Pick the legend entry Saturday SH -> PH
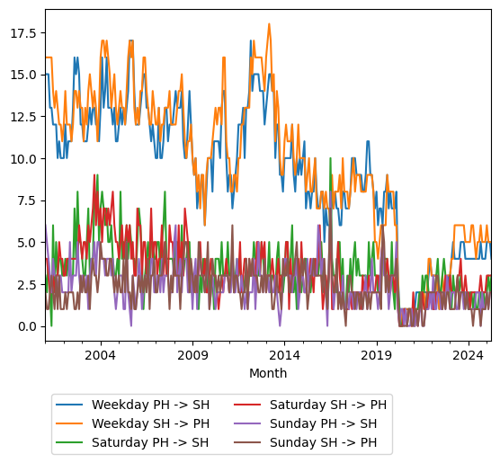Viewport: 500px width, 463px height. (x=326, y=405)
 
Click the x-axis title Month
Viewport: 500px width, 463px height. (x=268, y=373)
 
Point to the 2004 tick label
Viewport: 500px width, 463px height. (x=100, y=355)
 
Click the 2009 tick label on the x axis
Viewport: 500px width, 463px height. (x=192, y=355)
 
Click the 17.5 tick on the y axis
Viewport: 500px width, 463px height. (x=23, y=33)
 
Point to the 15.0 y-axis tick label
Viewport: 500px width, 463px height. (x=23, y=75)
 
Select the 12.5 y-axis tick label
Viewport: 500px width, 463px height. (x=23, y=117)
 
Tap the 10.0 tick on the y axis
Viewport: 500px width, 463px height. (x=23, y=158)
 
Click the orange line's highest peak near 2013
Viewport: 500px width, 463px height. (x=269, y=24)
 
